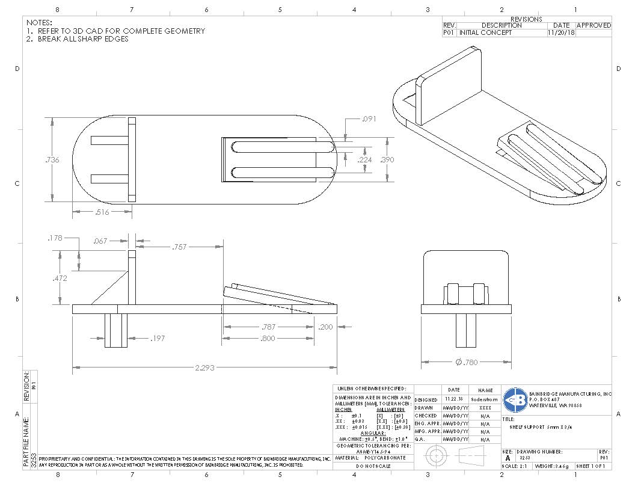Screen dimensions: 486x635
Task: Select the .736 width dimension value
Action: coord(52,159)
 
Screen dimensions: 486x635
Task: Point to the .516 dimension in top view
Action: coord(102,212)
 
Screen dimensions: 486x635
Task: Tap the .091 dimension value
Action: coord(369,119)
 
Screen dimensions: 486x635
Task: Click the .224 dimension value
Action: coord(364,159)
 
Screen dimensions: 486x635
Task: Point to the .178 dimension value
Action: coord(55,239)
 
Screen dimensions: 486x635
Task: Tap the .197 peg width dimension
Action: coord(158,339)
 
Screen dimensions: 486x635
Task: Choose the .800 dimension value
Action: coord(268,339)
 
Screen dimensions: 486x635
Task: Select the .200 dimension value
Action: coord(325,327)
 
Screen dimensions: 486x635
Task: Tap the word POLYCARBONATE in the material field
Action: coord(385,458)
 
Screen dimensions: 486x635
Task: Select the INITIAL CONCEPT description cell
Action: coord(486,33)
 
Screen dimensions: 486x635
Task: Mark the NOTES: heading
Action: coord(40,22)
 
